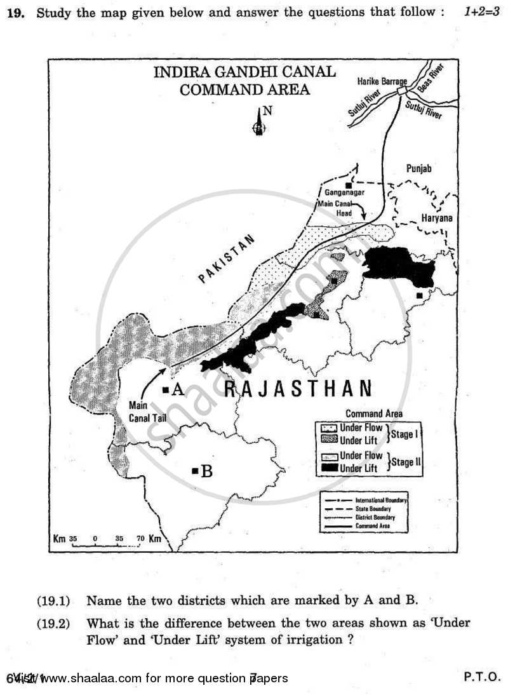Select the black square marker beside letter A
click(x=165, y=389)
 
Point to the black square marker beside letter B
click(x=194, y=471)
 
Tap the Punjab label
click(x=418, y=168)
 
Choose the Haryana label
click(x=437, y=218)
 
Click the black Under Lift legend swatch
click(x=328, y=468)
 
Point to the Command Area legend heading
click(x=373, y=414)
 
